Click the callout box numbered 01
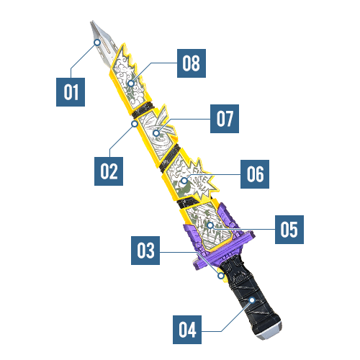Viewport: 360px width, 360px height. [x=71, y=92]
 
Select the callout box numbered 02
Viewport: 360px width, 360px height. [x=109, y=171]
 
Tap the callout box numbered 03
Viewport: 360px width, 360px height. [x=145, y=251]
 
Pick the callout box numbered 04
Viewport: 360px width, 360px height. [x=187, y=330]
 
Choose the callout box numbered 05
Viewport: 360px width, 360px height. [x=289, y=230]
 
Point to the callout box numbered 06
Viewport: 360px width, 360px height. [x=255, y=174]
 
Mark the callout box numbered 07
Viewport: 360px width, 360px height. [x=225, y=119]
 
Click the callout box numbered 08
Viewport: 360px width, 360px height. [x=192, y=63]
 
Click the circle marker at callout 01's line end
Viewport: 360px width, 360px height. [x=97, y=42]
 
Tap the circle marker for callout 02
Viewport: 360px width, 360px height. [x=135, y=124]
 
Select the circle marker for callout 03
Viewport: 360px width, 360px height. [x=221, y=276]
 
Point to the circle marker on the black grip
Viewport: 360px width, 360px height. [x=252, y=300]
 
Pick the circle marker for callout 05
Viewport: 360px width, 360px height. [x=210, y=225]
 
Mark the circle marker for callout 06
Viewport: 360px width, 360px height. [x=184, y=180]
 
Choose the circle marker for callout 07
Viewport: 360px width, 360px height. [x=156, y=132]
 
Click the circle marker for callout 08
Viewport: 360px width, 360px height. [x=131, y=84]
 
